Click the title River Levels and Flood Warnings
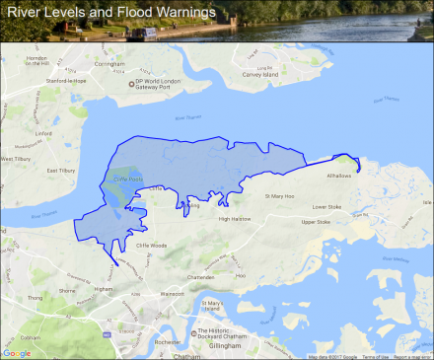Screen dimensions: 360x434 click(110, 13)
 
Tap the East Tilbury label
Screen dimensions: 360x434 click(62, 170)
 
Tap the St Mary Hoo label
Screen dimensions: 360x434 click(280, 196)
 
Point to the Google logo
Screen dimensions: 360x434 click(17, 352)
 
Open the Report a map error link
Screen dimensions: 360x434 click(412, 356)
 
